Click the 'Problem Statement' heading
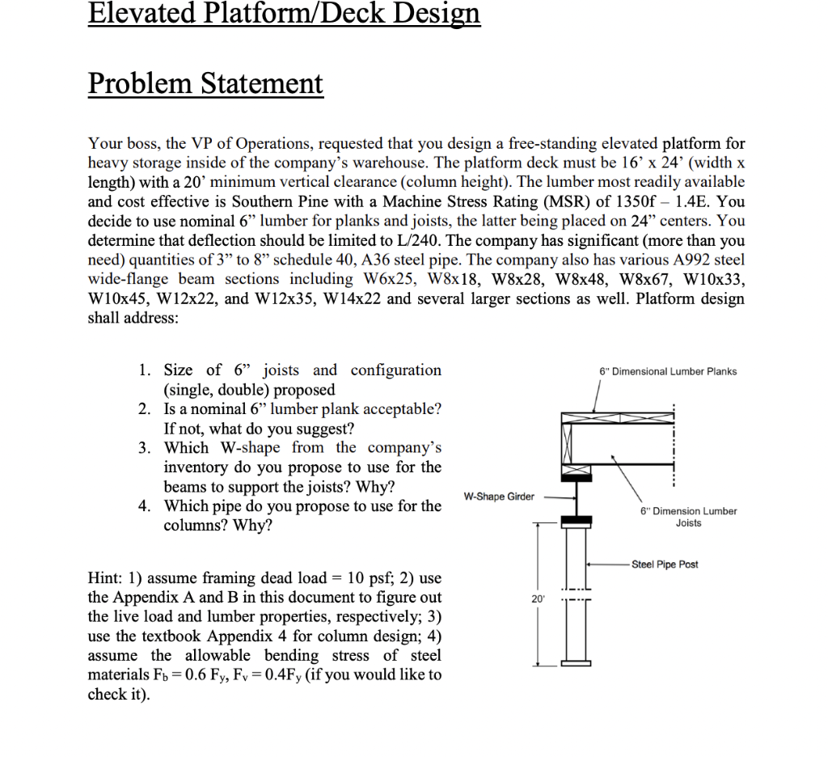(205, 83)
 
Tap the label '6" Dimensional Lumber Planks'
(668, 371)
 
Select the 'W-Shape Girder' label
(499, 496)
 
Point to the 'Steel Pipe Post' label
(665, 564)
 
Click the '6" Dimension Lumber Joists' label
(688, 517)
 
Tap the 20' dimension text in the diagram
(538, 598)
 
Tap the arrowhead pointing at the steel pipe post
(590, 564)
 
